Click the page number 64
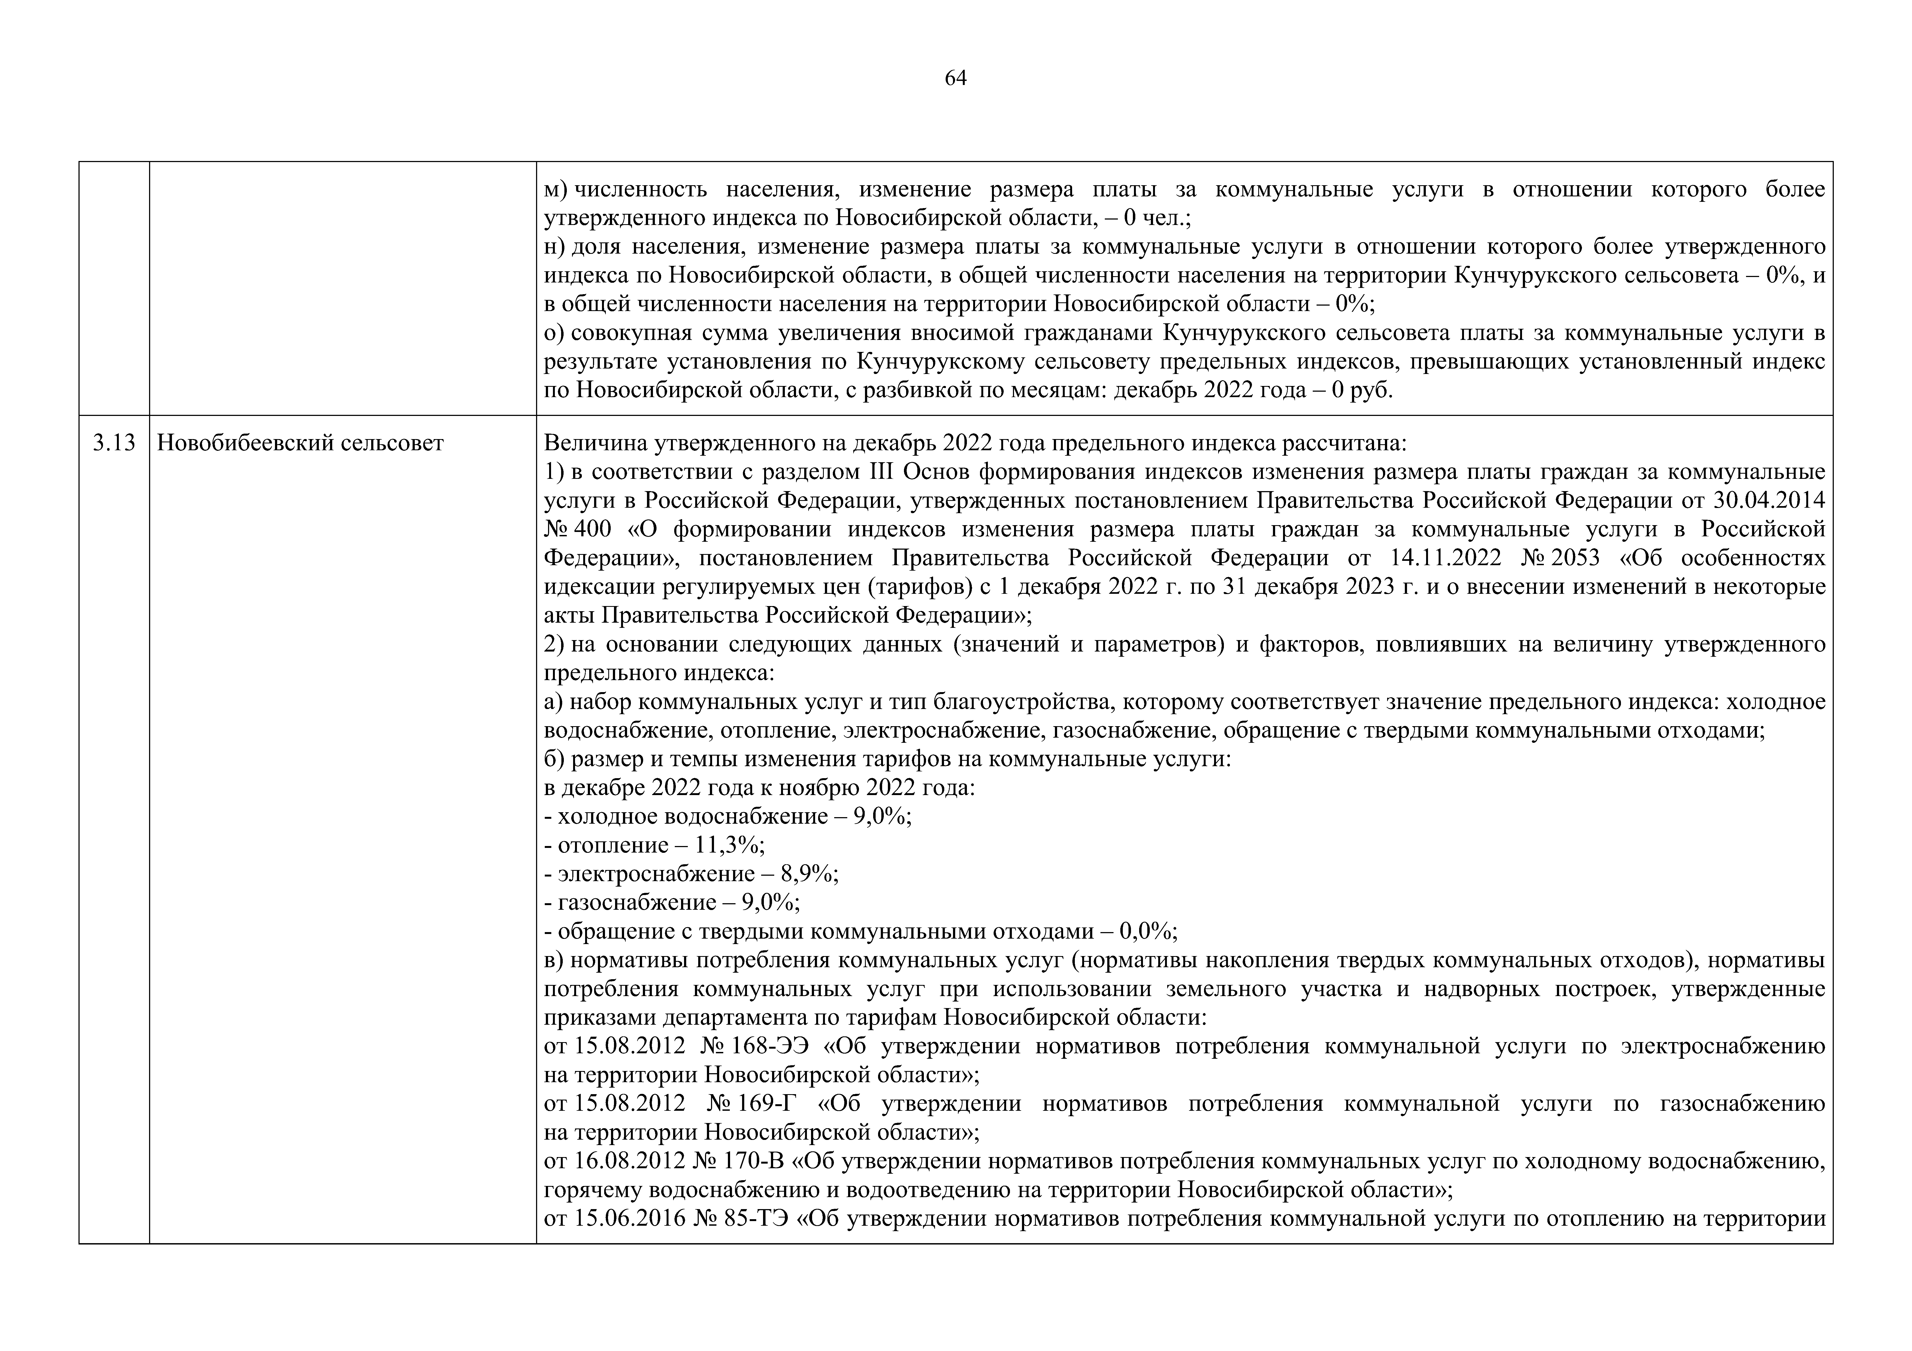click(x=955, y=78)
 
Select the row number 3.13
click(x=114, y=443)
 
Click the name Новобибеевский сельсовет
click(x=300, y=443)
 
